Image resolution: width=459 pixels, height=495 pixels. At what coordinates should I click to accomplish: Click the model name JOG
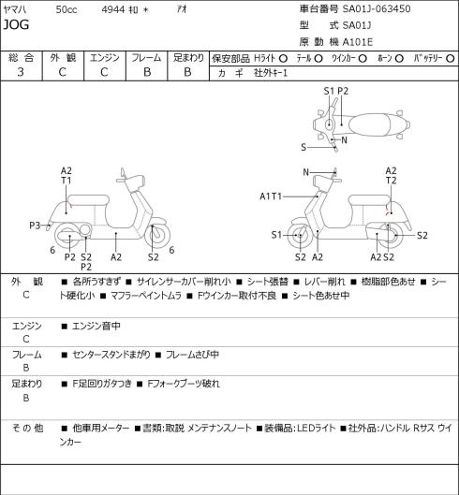tap(16, 24)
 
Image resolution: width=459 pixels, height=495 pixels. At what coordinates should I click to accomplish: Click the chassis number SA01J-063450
tap(377, 8)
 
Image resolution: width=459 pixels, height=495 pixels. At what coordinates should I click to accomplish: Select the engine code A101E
tap(358, 42)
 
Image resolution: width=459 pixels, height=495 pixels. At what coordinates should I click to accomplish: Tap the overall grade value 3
tap(21, 72)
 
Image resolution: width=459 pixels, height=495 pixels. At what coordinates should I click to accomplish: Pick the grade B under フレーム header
tap(147, 72)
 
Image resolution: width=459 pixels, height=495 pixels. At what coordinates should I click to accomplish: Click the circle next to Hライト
tap(283, 58)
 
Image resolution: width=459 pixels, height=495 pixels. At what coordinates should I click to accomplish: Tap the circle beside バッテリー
tap(451, 58)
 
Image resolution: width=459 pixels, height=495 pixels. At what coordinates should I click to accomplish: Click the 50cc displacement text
tap(67, 9)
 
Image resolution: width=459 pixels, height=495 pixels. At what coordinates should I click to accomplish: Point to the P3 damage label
tap(35, 226)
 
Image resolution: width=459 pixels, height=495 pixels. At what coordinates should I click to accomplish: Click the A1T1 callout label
tap(271, 197)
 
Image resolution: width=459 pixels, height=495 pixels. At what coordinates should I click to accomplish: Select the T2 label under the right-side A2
tap(391, 181)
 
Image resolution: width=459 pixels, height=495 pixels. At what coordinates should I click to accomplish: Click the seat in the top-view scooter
tap(369, 124)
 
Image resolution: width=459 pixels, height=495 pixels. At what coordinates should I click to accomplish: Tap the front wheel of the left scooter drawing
tap(157, 235)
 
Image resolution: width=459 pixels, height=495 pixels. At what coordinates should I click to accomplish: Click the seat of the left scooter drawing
tap(88, 200)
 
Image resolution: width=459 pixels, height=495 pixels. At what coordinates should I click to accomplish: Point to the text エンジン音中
tap(96, 326)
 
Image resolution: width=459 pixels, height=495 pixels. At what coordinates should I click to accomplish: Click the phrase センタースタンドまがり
tap(111, 355)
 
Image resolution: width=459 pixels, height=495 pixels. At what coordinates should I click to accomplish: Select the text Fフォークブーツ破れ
tap(184, 384)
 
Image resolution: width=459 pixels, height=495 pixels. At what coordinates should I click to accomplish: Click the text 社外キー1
tap(271, 73)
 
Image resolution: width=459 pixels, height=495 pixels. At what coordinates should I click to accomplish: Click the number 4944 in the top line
tap(113, 9)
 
